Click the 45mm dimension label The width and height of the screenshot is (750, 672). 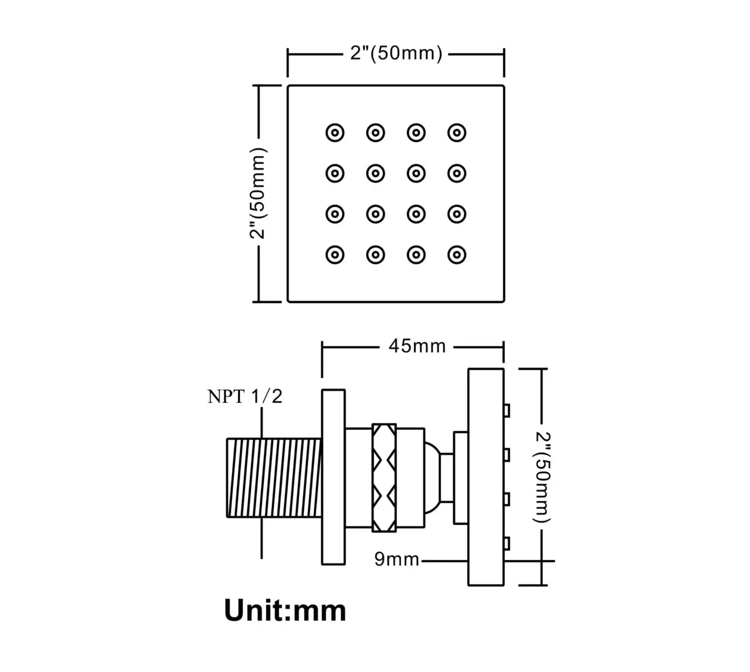(417, 346)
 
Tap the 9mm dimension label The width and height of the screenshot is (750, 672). (396, 559)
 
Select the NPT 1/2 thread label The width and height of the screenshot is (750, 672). (245, 396)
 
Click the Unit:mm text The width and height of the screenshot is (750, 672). (285, 610)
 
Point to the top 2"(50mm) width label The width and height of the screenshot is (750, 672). (396, 53)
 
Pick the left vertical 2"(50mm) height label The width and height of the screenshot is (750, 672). (258, 193)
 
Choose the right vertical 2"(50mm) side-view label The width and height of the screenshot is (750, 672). (542, 477)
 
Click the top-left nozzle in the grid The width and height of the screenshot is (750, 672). (335, 133)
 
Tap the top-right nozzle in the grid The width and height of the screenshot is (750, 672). (457, 133)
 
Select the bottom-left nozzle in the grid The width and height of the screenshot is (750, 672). (335, 254)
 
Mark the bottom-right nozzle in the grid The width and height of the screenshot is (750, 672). (457, 254)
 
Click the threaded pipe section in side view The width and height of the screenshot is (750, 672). (274, 478)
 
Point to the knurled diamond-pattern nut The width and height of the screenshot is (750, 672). (384, 478)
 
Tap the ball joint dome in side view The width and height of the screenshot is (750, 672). (432, 478)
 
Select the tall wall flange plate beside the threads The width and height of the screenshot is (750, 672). (333, 477)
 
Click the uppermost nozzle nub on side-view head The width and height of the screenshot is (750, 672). (507, 411)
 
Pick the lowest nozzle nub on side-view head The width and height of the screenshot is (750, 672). (507, 544)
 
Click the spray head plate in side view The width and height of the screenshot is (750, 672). (486, 477)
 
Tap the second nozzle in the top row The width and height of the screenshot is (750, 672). (375, 133)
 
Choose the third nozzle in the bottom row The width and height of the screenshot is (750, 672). (416, 254)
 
